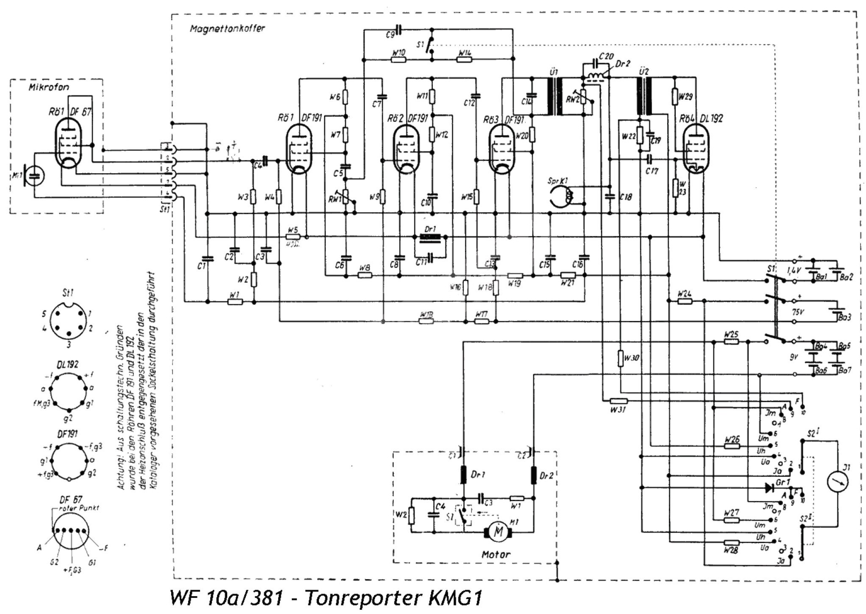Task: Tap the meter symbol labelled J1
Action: coord(838,480)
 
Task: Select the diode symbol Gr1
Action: coord(769,487)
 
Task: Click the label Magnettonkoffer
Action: coord(227,29)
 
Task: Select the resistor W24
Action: coord(685,301)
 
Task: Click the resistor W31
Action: coord(618,400)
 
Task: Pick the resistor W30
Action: coord(621,358)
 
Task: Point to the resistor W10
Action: coord(398,59)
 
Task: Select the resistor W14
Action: coord(464,59)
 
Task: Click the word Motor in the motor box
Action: coord(495,554)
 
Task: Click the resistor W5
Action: coord(293,237)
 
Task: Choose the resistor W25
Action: coord(731,341)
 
